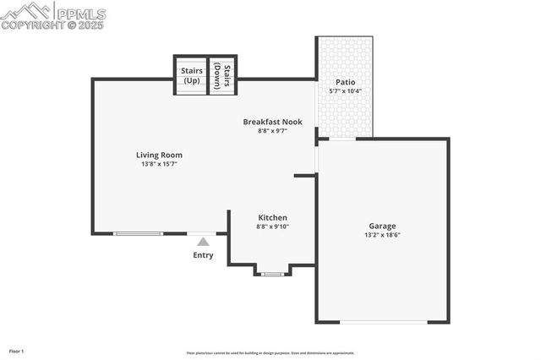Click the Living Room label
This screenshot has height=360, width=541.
click(159, 155)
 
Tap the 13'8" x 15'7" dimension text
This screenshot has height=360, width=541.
click(159, 164)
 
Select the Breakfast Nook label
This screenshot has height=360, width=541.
click(272, 122)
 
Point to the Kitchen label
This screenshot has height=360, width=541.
click(271, 217)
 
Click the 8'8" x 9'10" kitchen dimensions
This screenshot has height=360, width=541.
click(271, 226)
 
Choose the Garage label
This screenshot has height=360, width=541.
click(382, 226)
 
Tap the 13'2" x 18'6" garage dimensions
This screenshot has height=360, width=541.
click(382, 235)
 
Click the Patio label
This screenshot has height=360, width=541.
click(345, 82)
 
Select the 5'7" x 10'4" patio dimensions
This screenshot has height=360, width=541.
click(345, 91)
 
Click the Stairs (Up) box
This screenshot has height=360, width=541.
click(191, 75)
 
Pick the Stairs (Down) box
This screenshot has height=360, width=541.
click(222, 75)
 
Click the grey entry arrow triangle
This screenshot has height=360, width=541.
click(203, 242)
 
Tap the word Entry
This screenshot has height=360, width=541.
click(203, 255)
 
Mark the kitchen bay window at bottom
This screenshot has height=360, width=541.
click(272, 274)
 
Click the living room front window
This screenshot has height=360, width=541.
click(139, 233)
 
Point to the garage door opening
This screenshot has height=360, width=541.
click(384, 322)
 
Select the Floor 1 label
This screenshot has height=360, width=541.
click(17, 351)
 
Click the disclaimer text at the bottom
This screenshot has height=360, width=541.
click(270, 353)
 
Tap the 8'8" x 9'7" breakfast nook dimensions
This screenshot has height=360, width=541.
click(272, 131)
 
